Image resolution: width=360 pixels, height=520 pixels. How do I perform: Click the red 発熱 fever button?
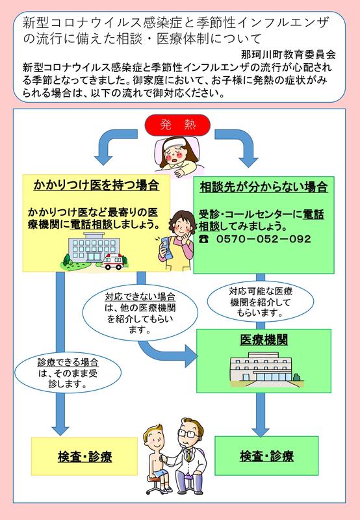point(177,125)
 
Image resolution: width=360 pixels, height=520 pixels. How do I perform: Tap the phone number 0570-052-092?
point(264,239)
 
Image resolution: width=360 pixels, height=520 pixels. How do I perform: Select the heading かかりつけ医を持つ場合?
point(96,185)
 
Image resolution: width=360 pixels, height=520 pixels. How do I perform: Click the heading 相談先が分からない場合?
point(264,187)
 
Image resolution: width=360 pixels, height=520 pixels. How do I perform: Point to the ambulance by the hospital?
point(112,262)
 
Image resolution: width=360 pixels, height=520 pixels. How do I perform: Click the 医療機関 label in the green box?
point(264,340)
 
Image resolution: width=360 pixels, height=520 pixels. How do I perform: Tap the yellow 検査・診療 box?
point(84,456)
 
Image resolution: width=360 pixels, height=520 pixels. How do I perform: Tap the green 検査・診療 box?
point(266,456)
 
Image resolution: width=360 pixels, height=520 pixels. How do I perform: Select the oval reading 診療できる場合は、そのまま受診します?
point(68,372)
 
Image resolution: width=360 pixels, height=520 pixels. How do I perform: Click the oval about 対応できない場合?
point(140,313)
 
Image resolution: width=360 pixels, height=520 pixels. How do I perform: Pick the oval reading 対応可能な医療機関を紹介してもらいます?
point(261,302)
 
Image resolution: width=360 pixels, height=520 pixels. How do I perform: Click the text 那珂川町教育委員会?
point(289,55)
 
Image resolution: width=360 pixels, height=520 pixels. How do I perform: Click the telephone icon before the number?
point(204,239)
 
